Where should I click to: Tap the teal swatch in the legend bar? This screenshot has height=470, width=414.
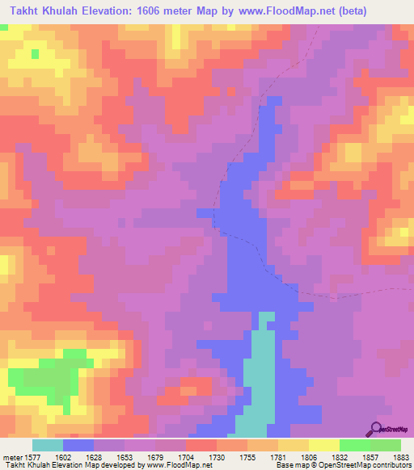(48, 445)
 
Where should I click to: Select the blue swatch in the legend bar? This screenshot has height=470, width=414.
(78, 445)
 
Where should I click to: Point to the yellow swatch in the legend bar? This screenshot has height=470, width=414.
(324, 445)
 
